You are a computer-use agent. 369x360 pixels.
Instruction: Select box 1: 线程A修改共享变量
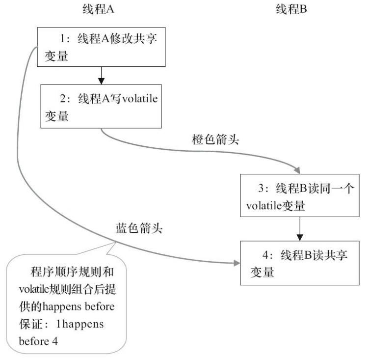click(x=100, y=47)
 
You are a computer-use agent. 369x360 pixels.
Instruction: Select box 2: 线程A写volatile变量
click(x=101, y=106)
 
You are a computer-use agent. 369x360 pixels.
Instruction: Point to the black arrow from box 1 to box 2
click(x=101, y=75)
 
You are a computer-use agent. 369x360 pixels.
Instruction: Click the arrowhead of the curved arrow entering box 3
click(x=297, y=170)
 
